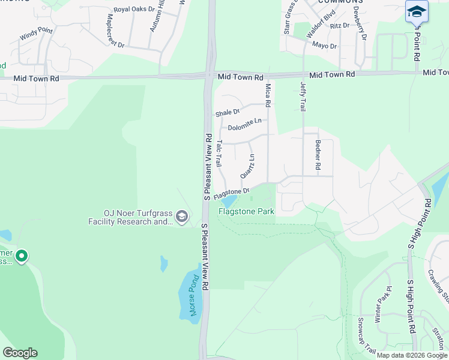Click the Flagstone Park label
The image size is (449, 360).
pos(246,211)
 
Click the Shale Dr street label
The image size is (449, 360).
pos(228,113)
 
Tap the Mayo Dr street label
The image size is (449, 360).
pos(324,46)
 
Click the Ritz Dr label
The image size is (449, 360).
pos(339,26)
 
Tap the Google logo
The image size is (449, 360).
pos(20,352)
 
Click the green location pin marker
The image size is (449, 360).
pos(22,256)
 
